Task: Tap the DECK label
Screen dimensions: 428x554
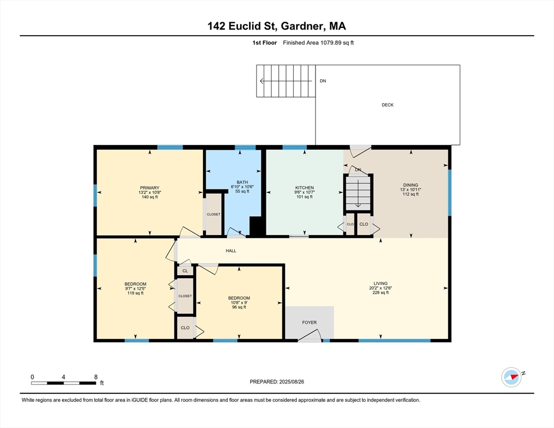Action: pyautogui.click(x=387, y=105)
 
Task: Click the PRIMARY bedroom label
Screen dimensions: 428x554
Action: pyautogui.click(x=149, y=188)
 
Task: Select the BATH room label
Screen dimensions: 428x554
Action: pyautogui.click(x=242, y=182)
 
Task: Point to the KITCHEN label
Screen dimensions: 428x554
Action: pyautogui.click(x=304, y=188)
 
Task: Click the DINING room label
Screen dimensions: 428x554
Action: pyautogui.click(x=410, y=185)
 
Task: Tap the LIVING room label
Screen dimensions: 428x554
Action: pyautogui.click(x=381, y=283)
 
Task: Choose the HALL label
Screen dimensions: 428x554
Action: pyautogui.click(x=231, y=251)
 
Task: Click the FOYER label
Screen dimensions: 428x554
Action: pyautogui.click(x=309, y=322)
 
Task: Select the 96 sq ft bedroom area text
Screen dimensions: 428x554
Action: pyautogui.click(x=239, y=307)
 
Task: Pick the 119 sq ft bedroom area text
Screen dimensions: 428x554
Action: pyautogui.click(x=135, y=293)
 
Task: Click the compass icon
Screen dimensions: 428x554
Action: pyautogui.click(x=511, y=377)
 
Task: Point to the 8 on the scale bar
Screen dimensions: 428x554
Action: pyautogui.click(x=95, y=377)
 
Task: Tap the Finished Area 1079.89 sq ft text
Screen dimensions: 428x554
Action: pyautogui.click(x=318, y=42)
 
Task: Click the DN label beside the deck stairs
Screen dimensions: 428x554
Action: pyautogui.click(x=323, y=81)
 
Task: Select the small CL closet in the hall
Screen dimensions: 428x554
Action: pyautogui.click(x=185, y=271)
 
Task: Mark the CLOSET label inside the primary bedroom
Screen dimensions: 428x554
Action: pyautogui.click(x=213, y=214)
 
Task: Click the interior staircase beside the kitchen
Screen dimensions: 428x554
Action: pyautogui.click(x=357, y=192)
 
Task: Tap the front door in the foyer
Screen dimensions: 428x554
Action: pyautogui.click(x=310, y=336)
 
